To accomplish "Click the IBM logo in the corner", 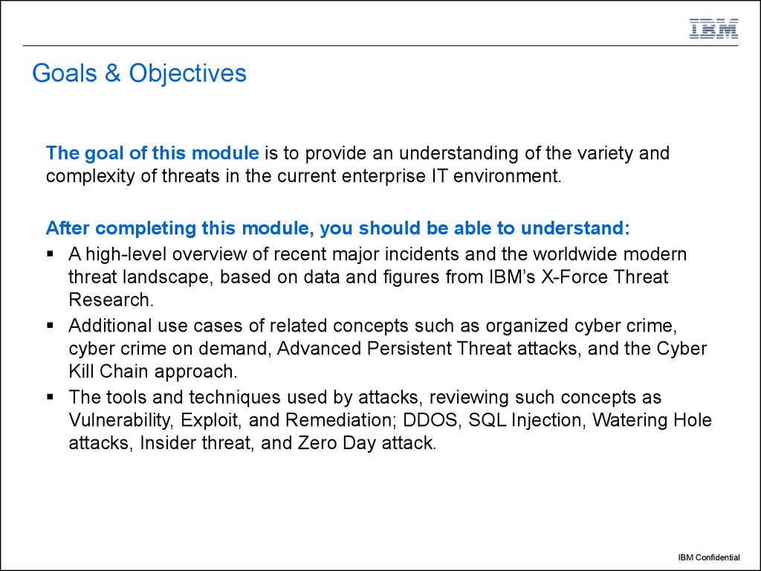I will click(713, 28).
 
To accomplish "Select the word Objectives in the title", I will click(187, 74).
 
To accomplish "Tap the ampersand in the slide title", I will click(114, 74).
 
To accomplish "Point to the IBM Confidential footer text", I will click(708, 557).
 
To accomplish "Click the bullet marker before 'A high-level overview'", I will click(51, 254).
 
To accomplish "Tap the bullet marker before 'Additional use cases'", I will click(51, 325).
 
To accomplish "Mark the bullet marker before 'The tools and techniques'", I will click(51, 396).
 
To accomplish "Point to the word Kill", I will click(82, 372).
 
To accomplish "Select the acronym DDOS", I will click(431, 420).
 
